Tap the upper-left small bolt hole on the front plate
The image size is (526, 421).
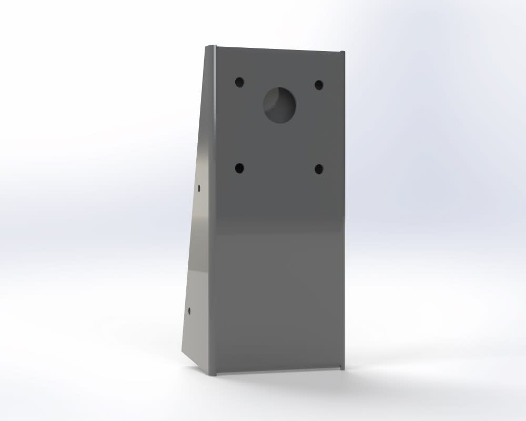pyautogui.click(x=239, y=82)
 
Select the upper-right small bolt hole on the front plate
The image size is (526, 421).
pyautogui.click(x=318, y=84)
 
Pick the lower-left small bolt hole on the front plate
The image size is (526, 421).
pyautogui.click(x=239, y=168)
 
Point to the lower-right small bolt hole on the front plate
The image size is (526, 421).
pyautogui.click(x=319, y=169)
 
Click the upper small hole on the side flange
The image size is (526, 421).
pyautogui.click(x=199, y=187)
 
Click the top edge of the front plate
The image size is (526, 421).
pyautogui.click(x=279, y=49)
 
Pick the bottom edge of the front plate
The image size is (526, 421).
pyautogui.click(x=279, y=370)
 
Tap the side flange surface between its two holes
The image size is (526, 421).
pyautogui.click(x=197, y=247)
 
